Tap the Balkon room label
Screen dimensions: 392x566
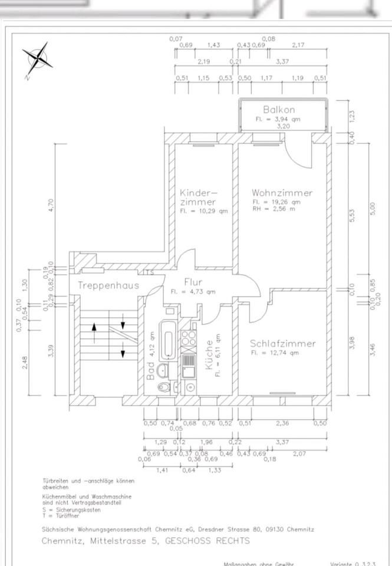point(279,110)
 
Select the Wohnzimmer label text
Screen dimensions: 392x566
point(282,193)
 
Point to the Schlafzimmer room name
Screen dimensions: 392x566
point(282,343)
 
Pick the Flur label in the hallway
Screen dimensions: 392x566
point(193,282)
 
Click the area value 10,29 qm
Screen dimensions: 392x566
point(210,210)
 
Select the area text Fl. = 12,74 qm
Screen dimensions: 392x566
point(275,353)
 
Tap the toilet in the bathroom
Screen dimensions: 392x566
point(163,386)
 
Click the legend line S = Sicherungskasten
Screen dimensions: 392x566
point(67,509)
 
